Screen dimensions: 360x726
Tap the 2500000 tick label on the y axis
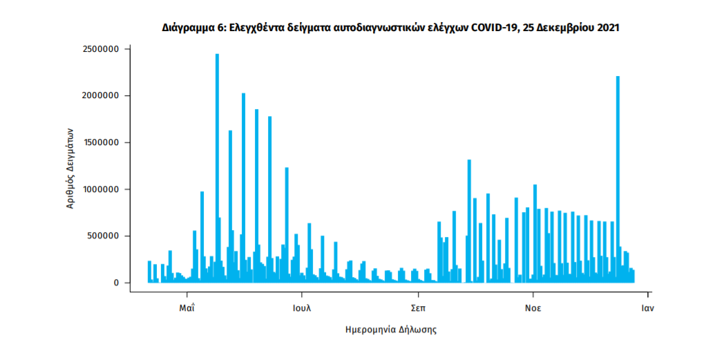(102, 49)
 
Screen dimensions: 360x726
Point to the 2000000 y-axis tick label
(102, 95)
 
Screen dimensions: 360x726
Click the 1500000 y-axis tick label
(102, 142)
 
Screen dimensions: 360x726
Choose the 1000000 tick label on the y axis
(102, 189)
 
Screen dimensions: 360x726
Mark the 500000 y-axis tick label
(104, 236)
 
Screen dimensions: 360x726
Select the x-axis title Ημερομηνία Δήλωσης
(391, 330)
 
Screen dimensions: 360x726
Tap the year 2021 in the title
(606, 28)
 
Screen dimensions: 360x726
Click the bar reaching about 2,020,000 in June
(243, 187)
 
